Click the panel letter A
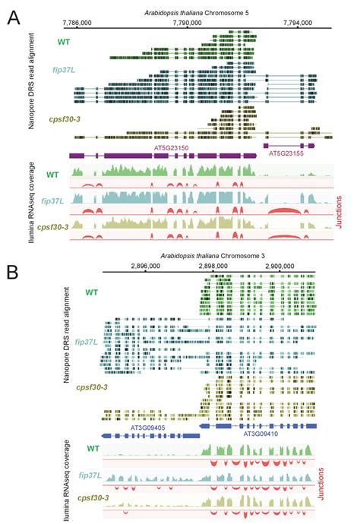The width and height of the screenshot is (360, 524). pos(14,16)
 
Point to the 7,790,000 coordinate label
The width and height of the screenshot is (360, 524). pos(186,23)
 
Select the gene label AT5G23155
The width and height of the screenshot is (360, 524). pos(288,153)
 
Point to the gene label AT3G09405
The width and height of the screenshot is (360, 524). pos(127,428)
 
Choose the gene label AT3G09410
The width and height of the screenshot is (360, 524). pos(261,434)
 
